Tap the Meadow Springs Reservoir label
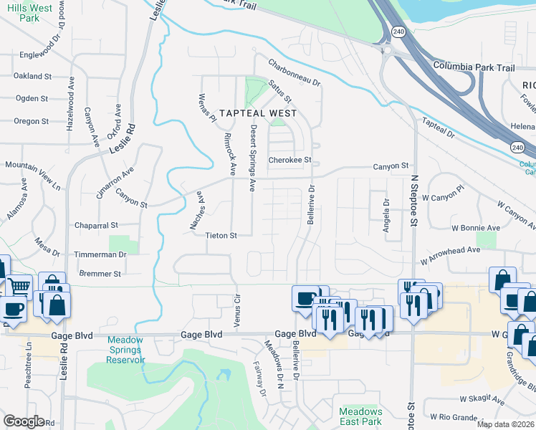(126, 350)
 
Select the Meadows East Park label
(360, 416)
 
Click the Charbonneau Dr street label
(295, 72)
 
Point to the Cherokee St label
(290, 160)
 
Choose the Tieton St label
(221, 234)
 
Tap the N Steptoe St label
(413, 200)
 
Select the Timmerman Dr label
(100, 254)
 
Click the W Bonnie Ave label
(477, 228)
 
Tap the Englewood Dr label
(42, 54)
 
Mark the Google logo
(24, 421)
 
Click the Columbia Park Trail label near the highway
(474, 67)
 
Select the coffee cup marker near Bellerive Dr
(305, 297)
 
